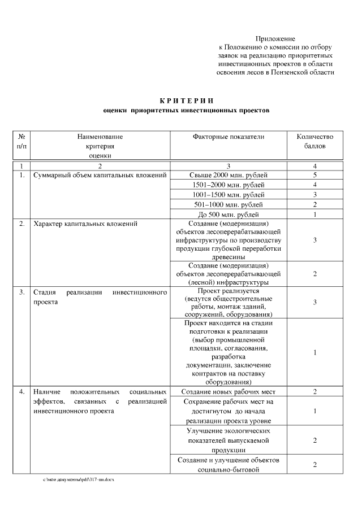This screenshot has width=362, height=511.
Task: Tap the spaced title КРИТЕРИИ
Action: tap(182, 101)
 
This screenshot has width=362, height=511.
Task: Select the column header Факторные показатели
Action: tap(229, 137)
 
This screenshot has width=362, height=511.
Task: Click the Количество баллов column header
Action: tap(314, 141)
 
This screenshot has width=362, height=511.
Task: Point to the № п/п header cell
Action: tap(21, 141)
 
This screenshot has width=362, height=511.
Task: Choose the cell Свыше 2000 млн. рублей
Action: tap(229, 175)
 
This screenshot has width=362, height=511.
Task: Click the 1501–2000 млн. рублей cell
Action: tap(229, 185)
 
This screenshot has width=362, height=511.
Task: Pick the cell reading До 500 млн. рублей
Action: tap(229, 214)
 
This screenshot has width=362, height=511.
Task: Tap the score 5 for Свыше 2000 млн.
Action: tap(314, 175)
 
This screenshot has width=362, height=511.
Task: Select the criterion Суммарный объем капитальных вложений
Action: tap(99, 175)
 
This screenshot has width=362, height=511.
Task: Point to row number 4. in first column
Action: tap(21, 391)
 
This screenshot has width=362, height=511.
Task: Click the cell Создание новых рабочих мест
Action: tap(229, 391)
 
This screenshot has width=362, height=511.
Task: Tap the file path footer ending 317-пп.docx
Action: tap(79, 479)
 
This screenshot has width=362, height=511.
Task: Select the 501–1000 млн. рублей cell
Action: tap(229, 204)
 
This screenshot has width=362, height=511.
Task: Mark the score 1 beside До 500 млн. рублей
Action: tap(314, 214)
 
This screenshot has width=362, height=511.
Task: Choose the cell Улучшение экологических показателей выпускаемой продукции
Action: tap(229, 440)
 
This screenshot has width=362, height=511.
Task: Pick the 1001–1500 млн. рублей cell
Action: tap(229, 194)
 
